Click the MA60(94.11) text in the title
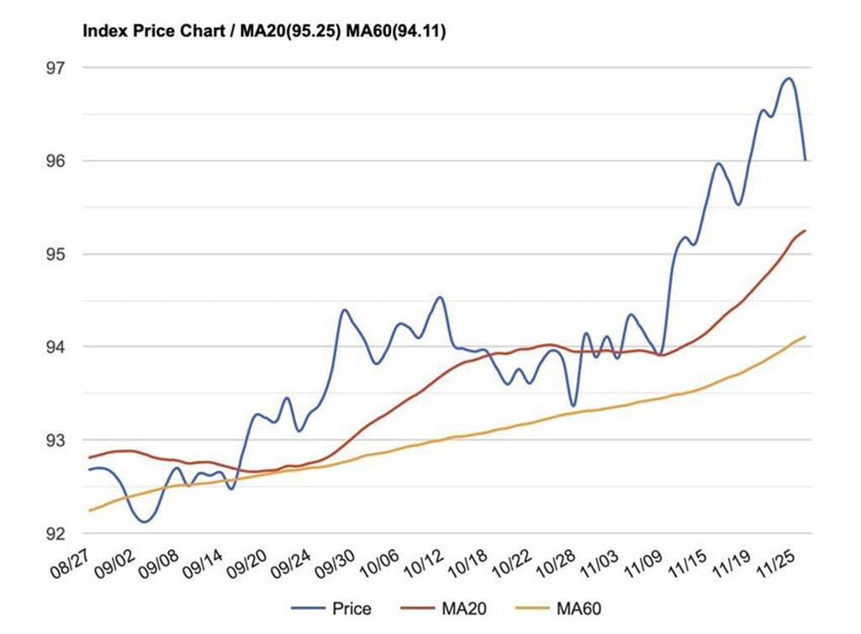point(400,32)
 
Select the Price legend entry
point(351,608)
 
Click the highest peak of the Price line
point(788,78)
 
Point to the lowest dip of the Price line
point(145,522)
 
